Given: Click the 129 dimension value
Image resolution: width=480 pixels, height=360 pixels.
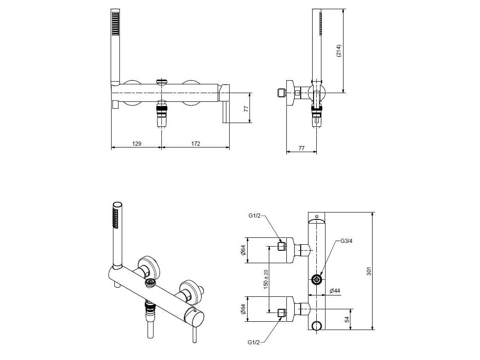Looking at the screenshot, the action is tap(136, 143).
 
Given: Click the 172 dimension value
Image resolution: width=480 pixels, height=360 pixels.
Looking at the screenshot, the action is tap(196, 143).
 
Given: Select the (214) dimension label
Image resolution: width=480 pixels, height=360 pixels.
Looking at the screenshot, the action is tap(338, 51).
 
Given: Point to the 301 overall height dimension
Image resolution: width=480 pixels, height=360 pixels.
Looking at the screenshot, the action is tap(369, 271).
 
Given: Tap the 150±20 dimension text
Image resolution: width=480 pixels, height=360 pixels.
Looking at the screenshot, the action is tap(266, 279).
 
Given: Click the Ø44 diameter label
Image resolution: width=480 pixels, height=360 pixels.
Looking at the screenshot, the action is tap(335, 290).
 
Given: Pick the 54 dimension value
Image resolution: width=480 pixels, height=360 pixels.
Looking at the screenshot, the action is tap(347, 319).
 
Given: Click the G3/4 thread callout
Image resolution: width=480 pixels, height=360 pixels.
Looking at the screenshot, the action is tap(346, 241).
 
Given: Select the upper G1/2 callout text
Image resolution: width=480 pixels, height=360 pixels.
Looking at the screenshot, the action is tap(255, 216).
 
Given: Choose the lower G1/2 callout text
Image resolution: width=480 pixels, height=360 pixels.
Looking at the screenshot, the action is tap(254, 342).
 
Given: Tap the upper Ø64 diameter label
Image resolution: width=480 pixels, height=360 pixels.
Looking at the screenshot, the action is tap(243, 250).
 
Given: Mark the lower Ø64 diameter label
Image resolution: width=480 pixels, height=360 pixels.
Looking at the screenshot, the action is tap(243, 309).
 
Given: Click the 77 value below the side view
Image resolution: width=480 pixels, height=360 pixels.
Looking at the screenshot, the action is tap(301, 148).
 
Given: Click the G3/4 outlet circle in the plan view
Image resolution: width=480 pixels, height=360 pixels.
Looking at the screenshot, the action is tap(316, 279).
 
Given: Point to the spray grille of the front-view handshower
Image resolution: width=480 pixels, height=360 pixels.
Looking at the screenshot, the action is tap(115, 24).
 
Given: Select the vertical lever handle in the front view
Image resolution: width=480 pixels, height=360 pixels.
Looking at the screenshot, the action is tap(225, 112).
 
